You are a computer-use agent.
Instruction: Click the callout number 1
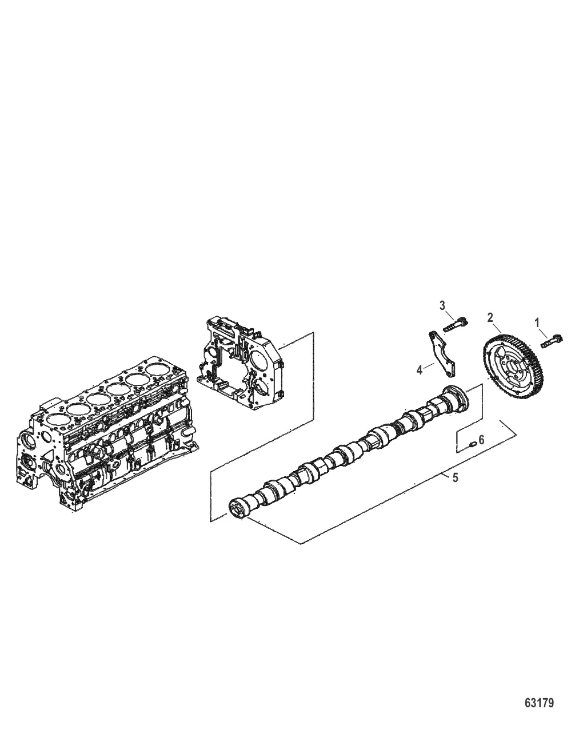537,323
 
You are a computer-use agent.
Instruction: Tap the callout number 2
490,318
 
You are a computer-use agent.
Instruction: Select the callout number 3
442,305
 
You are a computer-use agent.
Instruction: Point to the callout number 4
420,371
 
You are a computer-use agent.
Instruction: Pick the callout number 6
481,440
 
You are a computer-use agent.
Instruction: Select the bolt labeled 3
456,324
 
